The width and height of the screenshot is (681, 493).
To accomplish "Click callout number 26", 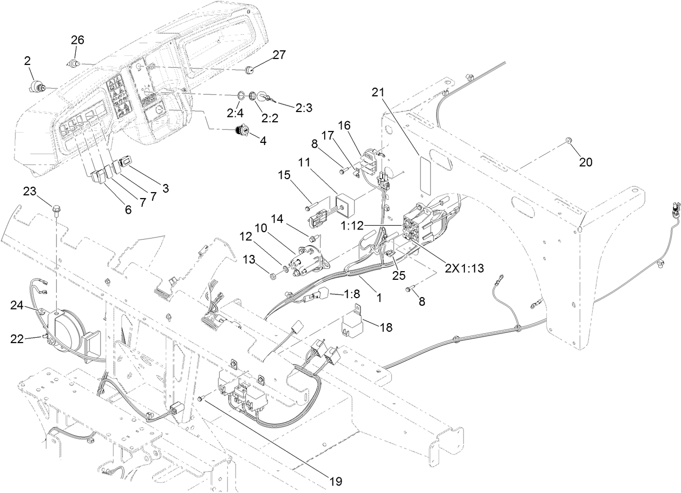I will [x=78, y=40].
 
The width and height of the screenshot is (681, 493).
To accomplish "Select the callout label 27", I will [x=278, y=55].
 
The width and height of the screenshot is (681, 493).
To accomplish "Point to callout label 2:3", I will [x=304, y=108].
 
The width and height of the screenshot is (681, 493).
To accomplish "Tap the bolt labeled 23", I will [x=56, y=208].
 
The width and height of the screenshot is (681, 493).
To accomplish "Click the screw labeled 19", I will [x=201, y=398].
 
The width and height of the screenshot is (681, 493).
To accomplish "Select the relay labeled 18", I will [x=352, y=324].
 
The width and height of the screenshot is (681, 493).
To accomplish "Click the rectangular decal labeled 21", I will [x=425, y=175].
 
